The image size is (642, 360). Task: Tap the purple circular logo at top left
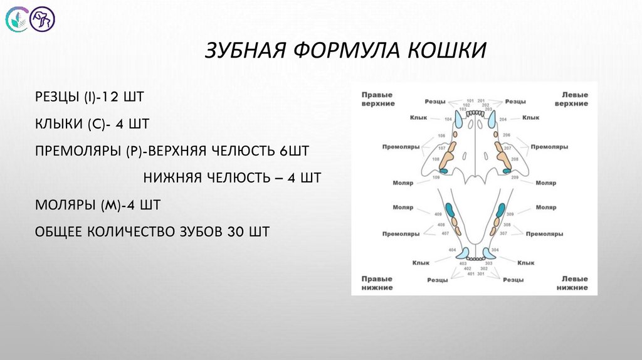click(x=44, y=19)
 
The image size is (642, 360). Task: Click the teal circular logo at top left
click(x=17, y=20)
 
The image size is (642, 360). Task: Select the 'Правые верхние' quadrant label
click(x=377, y=98)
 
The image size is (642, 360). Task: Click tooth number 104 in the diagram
click(x=448, y=119)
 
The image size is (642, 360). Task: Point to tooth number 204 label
click(x=503, y=119)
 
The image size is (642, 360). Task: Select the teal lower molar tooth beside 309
click(x=500, y=210)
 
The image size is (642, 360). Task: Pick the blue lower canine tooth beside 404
click(x=462, y=253)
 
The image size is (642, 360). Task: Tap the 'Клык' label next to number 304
click(x=525, y=263)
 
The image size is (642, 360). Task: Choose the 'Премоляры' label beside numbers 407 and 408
click(x=401, y=233)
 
